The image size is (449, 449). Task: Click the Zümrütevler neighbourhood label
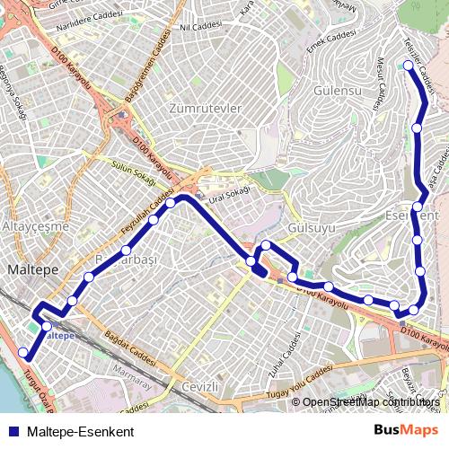click(x=206, y=109)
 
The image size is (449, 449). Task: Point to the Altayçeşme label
click(x=36, y=226)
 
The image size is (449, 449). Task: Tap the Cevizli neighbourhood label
click(x=200, y=387)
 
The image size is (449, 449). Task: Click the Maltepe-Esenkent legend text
click(x=81, y=431)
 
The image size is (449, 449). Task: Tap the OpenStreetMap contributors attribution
click(x=371, y=402)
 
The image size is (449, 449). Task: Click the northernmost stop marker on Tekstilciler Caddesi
click(x=409, y=66)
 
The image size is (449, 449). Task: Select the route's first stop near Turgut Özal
click(x=23, y=352)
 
